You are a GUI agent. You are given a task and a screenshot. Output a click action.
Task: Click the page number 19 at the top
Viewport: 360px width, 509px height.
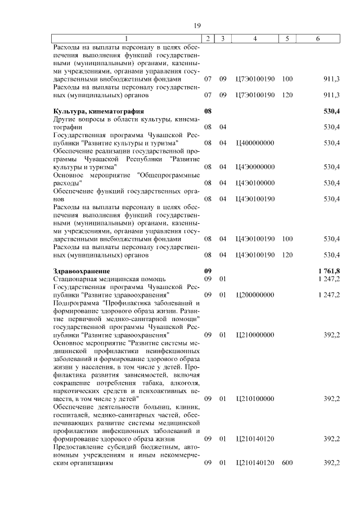click(197, 25)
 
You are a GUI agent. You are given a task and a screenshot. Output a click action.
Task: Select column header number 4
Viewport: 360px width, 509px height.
click(255, 38)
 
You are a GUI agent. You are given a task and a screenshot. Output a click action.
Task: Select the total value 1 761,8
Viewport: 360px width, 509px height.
click(328, 271)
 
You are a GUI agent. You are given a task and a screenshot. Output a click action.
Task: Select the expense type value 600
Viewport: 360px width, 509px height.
click(287, 462)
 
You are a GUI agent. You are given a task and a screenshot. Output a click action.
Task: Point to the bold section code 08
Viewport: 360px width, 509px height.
click(208, 111)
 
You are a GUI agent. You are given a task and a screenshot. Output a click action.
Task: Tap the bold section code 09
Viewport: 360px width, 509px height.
click(208, 271)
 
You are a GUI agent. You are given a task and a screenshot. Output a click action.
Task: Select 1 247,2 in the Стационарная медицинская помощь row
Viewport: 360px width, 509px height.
click(328, 279)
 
